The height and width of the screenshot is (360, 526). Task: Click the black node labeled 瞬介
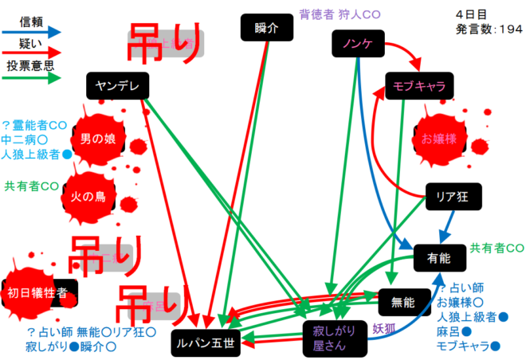click(x=262, y=29)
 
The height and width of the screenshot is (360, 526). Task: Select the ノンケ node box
click(x=357, y=45)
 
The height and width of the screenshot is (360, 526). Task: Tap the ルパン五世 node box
click(x=207, y=343)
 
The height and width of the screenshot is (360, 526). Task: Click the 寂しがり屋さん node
click(x=330, y=337)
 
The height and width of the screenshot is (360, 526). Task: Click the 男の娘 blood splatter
click(x=98, y=139)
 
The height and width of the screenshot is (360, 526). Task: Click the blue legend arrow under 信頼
click(x=33, y=32)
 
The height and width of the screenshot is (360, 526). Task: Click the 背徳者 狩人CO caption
click(x=338, y=14)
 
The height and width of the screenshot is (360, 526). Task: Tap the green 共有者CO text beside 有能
click(x=497, y=248)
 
